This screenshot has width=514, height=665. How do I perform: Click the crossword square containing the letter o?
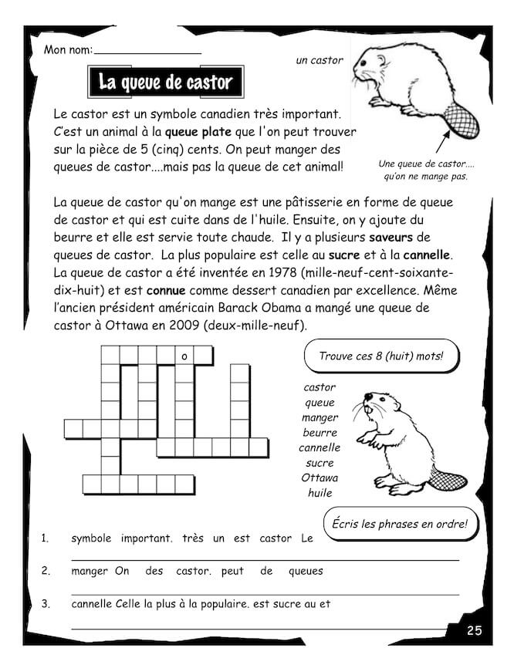184,356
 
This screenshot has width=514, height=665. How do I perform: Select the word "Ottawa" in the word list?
320,478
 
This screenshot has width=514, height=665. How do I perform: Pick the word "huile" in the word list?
320,492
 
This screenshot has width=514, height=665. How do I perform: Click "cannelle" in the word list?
320,447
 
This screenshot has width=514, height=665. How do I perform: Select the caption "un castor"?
319,59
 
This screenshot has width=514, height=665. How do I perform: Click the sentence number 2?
46,572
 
